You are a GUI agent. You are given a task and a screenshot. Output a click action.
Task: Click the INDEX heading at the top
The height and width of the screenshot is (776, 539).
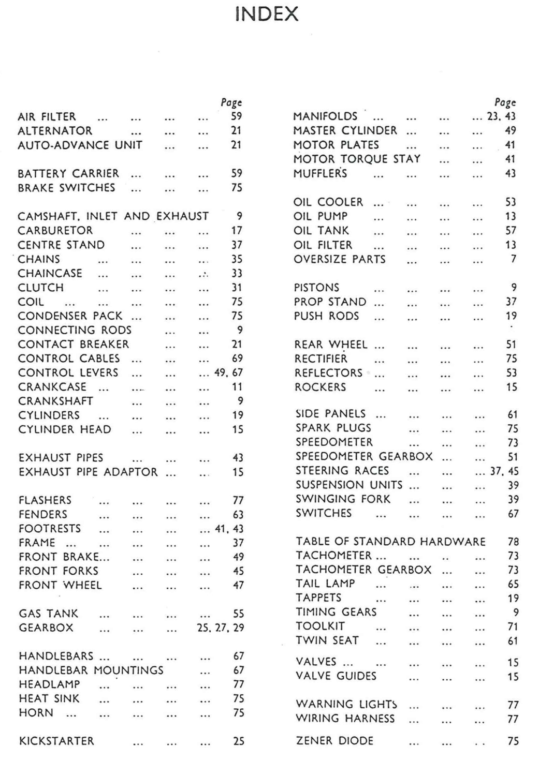pos(267,14)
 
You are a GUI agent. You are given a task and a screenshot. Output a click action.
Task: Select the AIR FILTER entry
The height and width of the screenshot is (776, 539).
pos(47,117)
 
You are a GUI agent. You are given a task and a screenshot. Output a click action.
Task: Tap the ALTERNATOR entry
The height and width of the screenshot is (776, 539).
pos(55,131)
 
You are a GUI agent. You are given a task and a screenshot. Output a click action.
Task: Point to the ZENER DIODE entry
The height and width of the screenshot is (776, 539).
pos(334,741)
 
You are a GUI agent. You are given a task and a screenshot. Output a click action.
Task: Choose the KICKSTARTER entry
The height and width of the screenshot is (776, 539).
pos(56,741)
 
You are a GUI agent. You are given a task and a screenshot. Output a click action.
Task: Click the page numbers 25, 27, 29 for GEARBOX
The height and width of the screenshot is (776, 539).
pos(220,628)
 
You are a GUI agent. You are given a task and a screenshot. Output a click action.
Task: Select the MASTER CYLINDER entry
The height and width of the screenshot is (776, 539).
pos(345,131)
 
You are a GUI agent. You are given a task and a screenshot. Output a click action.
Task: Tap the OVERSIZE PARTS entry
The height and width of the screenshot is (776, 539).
pos(340,259)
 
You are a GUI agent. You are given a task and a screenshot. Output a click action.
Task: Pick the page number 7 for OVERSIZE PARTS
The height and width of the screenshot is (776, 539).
pos(513,259)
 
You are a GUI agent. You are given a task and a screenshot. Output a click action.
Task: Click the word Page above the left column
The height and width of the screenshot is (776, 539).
pos(231,102)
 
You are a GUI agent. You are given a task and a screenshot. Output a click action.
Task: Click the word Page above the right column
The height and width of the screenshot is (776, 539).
pos(505,102)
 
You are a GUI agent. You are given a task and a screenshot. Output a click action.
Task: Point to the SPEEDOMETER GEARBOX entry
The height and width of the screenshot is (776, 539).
pos(364,457)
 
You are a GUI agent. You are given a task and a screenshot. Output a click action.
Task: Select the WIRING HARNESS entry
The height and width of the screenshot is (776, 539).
pos(345,719)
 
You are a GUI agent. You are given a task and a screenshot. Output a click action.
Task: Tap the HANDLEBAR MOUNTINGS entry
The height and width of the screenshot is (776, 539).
pos(91,670)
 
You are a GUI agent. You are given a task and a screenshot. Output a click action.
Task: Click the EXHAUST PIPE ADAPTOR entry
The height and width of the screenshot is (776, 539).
pos(88,472)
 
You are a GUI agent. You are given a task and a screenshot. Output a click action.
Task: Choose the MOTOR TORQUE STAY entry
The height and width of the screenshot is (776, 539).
pos(357,159)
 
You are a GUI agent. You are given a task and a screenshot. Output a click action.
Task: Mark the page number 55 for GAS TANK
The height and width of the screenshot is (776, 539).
pos(238,614)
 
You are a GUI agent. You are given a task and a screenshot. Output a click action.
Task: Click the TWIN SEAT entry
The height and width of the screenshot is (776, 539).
pos(327,640)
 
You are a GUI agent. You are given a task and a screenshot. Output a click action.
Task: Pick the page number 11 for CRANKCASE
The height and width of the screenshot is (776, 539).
pos(237,387)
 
